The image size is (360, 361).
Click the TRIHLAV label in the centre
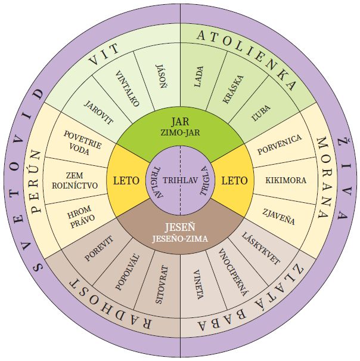tap(181, 180)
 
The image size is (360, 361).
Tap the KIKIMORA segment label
tap(285, 180)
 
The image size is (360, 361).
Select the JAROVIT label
tap(98, 112)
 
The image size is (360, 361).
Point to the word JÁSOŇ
tap(162, 76)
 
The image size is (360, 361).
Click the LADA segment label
tap(198, 76)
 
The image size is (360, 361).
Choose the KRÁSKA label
tap(233, 89)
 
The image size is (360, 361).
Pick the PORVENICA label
tap(280, 144)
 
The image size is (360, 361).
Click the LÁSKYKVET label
tap(260, 249)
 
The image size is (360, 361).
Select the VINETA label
tap(198, 285)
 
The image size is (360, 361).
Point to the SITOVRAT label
tap(162, 285)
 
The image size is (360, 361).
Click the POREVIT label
tap(99, 248)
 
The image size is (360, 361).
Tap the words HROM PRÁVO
tap(81, 217)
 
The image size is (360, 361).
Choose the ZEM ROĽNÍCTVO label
tap(75, 180)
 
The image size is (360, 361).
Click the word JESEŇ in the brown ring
tap(180, 227)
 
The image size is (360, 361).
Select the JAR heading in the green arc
tap(180, 122)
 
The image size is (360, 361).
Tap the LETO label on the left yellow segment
tap(126, 180)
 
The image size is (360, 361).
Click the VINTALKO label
tap(127, 88)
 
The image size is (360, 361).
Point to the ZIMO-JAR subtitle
tap(180, 132)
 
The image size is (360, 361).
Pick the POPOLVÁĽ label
tap(128, 273)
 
